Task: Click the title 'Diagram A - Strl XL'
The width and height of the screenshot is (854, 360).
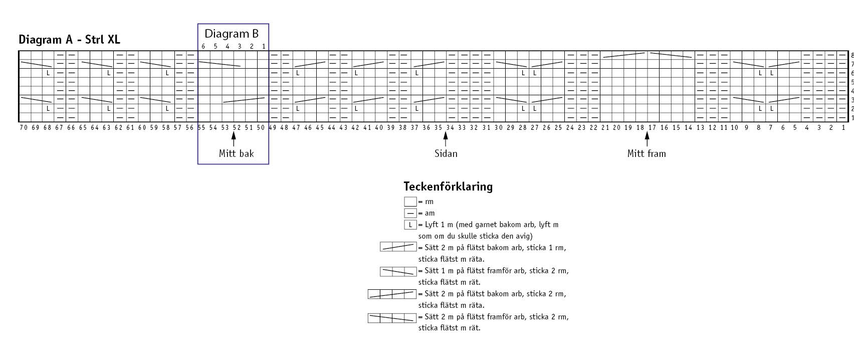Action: coord(69,40)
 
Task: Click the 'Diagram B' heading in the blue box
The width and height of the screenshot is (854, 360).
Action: coord(232,34)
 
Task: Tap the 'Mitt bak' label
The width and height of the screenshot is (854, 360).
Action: coord(236,153)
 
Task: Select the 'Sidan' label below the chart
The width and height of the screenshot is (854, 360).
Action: coord(446,153)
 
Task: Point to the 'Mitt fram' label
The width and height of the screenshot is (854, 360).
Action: coord(647,153)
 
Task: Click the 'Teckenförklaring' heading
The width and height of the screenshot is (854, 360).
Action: coord(448,187)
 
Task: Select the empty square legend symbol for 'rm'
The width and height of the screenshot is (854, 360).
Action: coord(410,202)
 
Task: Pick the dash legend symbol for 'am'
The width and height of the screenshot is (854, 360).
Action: coord(410,213)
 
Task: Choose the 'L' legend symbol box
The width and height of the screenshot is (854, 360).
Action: coord(410,225)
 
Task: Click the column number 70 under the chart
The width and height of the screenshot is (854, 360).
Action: coord(24,128)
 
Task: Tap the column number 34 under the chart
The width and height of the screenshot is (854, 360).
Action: coord(450,128)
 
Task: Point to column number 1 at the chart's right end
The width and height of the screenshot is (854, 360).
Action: coord(842,128)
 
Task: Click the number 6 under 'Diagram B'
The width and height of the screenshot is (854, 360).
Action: coord(203,47)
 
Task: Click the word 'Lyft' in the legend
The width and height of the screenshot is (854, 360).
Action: coord(432,225)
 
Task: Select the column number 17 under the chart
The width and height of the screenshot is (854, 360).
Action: coord(652,128)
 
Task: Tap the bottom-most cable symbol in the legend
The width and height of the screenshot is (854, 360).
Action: coord(391,317)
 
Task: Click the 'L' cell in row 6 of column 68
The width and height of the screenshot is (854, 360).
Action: coord(48,73)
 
